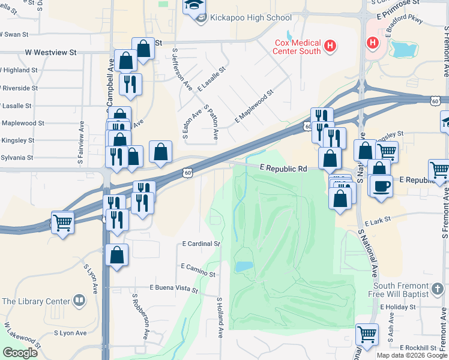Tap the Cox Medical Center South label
[297, 46]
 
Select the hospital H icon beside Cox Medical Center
[330, 46]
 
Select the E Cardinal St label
[201, 244]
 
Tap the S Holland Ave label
[220, 317]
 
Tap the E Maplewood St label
[253, 106]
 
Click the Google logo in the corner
[20, 353]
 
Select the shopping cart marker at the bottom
[367, 334]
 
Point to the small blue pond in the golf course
[244, 266]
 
